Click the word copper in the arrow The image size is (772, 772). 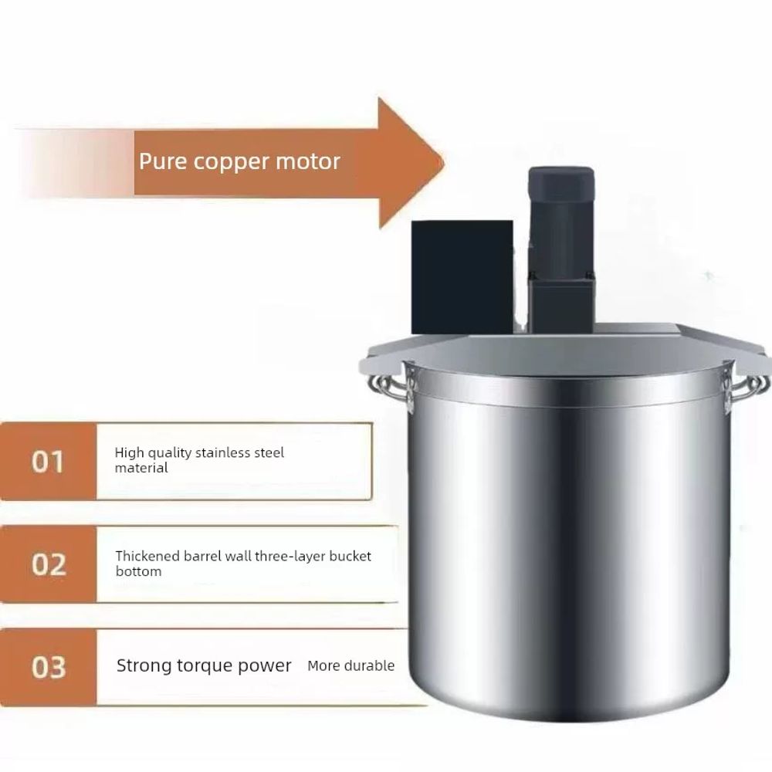click(x=232, y=162)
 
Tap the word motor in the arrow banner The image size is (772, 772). click(x=308, y=161)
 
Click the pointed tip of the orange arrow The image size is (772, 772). click(x=444, y=162)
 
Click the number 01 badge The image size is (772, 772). click(x=48, y=462)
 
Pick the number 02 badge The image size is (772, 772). click(x=48, y=564)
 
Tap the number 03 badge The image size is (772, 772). click(x=48, y=667)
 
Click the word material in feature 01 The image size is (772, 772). click(x=141, y=468)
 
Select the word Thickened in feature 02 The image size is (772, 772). click(x=147, y=556)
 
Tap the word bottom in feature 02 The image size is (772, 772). click(x=138, y=571)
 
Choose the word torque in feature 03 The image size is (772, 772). click(x=205, y=666)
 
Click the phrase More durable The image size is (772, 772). click(x=350, y=665)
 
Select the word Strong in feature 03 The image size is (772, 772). click(x=144, y=666)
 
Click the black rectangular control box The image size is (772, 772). click(x=462, y=277)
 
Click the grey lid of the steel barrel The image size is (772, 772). click(x=564, y=350)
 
